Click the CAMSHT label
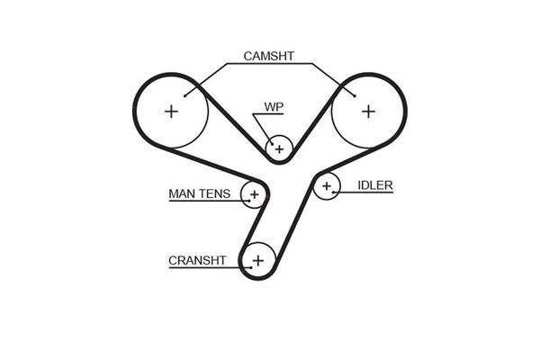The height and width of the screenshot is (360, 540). point(269,56)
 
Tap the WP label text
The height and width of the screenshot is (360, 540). point(273,107)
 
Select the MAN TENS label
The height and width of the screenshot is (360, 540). point(200,193)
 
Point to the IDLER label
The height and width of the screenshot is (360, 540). point(375,185)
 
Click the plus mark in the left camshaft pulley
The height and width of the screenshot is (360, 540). point(171,112)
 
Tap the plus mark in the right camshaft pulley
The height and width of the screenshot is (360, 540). point(368,111)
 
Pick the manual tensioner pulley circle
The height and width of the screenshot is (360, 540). point(254,193)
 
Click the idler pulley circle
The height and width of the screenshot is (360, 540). point(327,187)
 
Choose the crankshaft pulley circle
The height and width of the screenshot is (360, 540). point(258,261)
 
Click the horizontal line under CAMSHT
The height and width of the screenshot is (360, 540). point(269,64)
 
